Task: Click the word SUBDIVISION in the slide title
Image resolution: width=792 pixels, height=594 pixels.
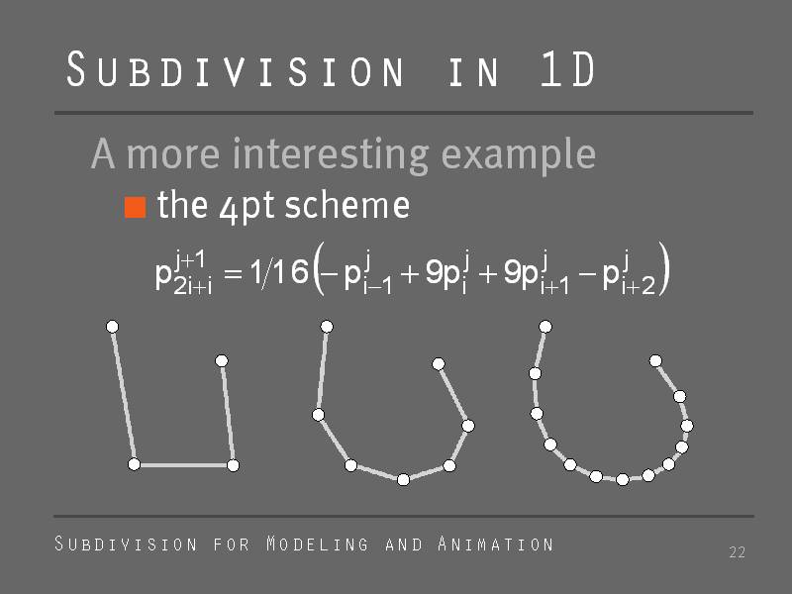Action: point(235,69)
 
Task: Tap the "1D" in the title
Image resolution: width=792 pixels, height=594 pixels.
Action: point(567,68)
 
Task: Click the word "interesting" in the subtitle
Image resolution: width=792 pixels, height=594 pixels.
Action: point(331,155)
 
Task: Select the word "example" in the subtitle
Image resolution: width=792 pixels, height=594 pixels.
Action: point(518,155)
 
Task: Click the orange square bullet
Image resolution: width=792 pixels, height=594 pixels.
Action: point(136,207)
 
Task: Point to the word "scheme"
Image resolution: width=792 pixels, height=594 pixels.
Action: point(347,205)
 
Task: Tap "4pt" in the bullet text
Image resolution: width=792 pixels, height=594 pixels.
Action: point(247,207)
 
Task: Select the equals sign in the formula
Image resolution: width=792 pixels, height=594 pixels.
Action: point(233,274)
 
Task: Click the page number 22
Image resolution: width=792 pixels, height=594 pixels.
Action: point(737,552)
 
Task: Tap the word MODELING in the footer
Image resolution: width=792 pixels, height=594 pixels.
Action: point(317,544)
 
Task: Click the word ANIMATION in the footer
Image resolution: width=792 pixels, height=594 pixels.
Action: point(496,544)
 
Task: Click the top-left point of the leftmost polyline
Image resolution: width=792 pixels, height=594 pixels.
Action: point(112,327)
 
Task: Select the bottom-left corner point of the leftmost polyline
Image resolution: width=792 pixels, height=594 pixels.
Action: point(134,464)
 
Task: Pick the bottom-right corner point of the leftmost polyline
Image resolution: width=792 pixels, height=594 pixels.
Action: point(233,465)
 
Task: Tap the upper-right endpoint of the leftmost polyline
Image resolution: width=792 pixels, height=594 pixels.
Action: point(221,360)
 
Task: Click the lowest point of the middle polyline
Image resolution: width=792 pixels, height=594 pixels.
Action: point(403,479)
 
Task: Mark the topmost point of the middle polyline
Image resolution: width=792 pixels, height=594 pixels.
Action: point(327,327)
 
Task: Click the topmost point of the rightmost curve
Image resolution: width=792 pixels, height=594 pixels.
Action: point(545,327)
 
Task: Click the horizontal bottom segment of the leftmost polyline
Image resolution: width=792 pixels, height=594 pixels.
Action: point(183,464)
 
